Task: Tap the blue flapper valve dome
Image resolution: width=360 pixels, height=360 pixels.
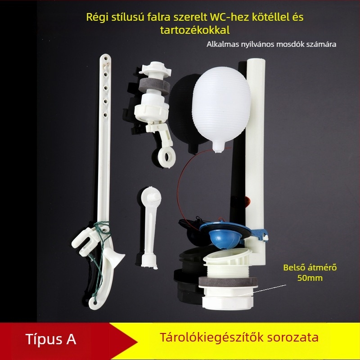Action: [225, 239]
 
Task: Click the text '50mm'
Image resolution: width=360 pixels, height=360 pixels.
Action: [310, 278]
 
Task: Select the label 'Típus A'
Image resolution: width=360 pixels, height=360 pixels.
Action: [51, 339]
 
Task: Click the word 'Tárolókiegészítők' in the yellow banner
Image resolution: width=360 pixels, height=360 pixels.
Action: [211, 337]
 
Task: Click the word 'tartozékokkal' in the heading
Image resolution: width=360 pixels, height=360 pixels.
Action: [195, 30]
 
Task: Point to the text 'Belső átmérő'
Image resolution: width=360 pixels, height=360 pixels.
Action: [310, 267]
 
